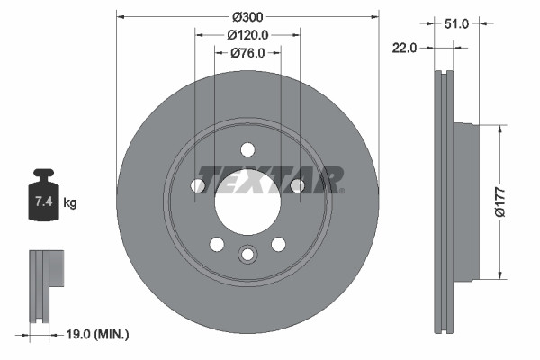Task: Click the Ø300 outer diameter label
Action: [x=247, y=16]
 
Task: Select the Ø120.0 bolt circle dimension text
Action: [x=247, y=35]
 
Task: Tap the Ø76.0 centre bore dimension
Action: [x=247, y=53]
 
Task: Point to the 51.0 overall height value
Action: [x=457, y=24]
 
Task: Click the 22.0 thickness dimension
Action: [x=404, y=49]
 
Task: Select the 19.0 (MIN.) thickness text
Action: [x=99, y=334]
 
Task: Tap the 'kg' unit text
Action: [x=70, y=203]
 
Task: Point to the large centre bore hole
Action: [x=247, y=202]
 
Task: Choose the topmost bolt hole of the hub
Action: [x=247, y=150]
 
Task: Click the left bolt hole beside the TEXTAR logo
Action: [x=198, y=185]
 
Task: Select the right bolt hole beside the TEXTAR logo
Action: [x=297, y=185]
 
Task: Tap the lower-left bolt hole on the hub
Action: [x=217, y=244]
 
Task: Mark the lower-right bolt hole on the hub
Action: [x=278, y=244]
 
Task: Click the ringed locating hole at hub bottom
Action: [x=247, y=256]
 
